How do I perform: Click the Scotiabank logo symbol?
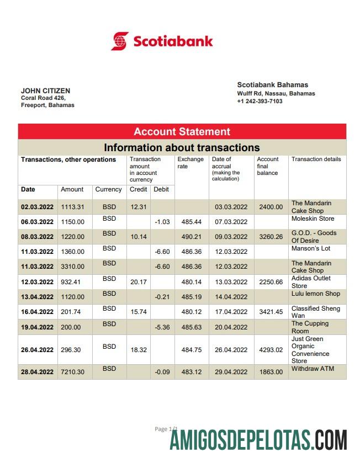tap(120, 41)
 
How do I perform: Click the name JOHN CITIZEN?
tap(45, 91)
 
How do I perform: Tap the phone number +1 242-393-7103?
tap(260, 102)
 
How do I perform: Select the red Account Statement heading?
tap(182, 131)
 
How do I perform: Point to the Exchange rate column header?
tap(190, 163)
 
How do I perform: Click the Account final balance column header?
tap(268, 166)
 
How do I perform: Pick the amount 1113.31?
tap(72, 207)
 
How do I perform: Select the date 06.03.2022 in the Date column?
tap(37, 222)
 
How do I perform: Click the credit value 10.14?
tap(138, 237)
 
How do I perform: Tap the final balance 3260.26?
tap(271, 237)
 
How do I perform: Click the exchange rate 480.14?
tap(191, 282)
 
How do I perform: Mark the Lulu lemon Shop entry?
tap(316, 294)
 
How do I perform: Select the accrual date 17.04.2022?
tap(231, 312)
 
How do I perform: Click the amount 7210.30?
tap(72, 372)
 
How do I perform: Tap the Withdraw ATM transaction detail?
tap(313, 369)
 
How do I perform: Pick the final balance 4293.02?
tap(271, 350)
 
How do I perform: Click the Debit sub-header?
tap(161, 189)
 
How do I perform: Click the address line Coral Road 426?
tap(43, 98)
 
